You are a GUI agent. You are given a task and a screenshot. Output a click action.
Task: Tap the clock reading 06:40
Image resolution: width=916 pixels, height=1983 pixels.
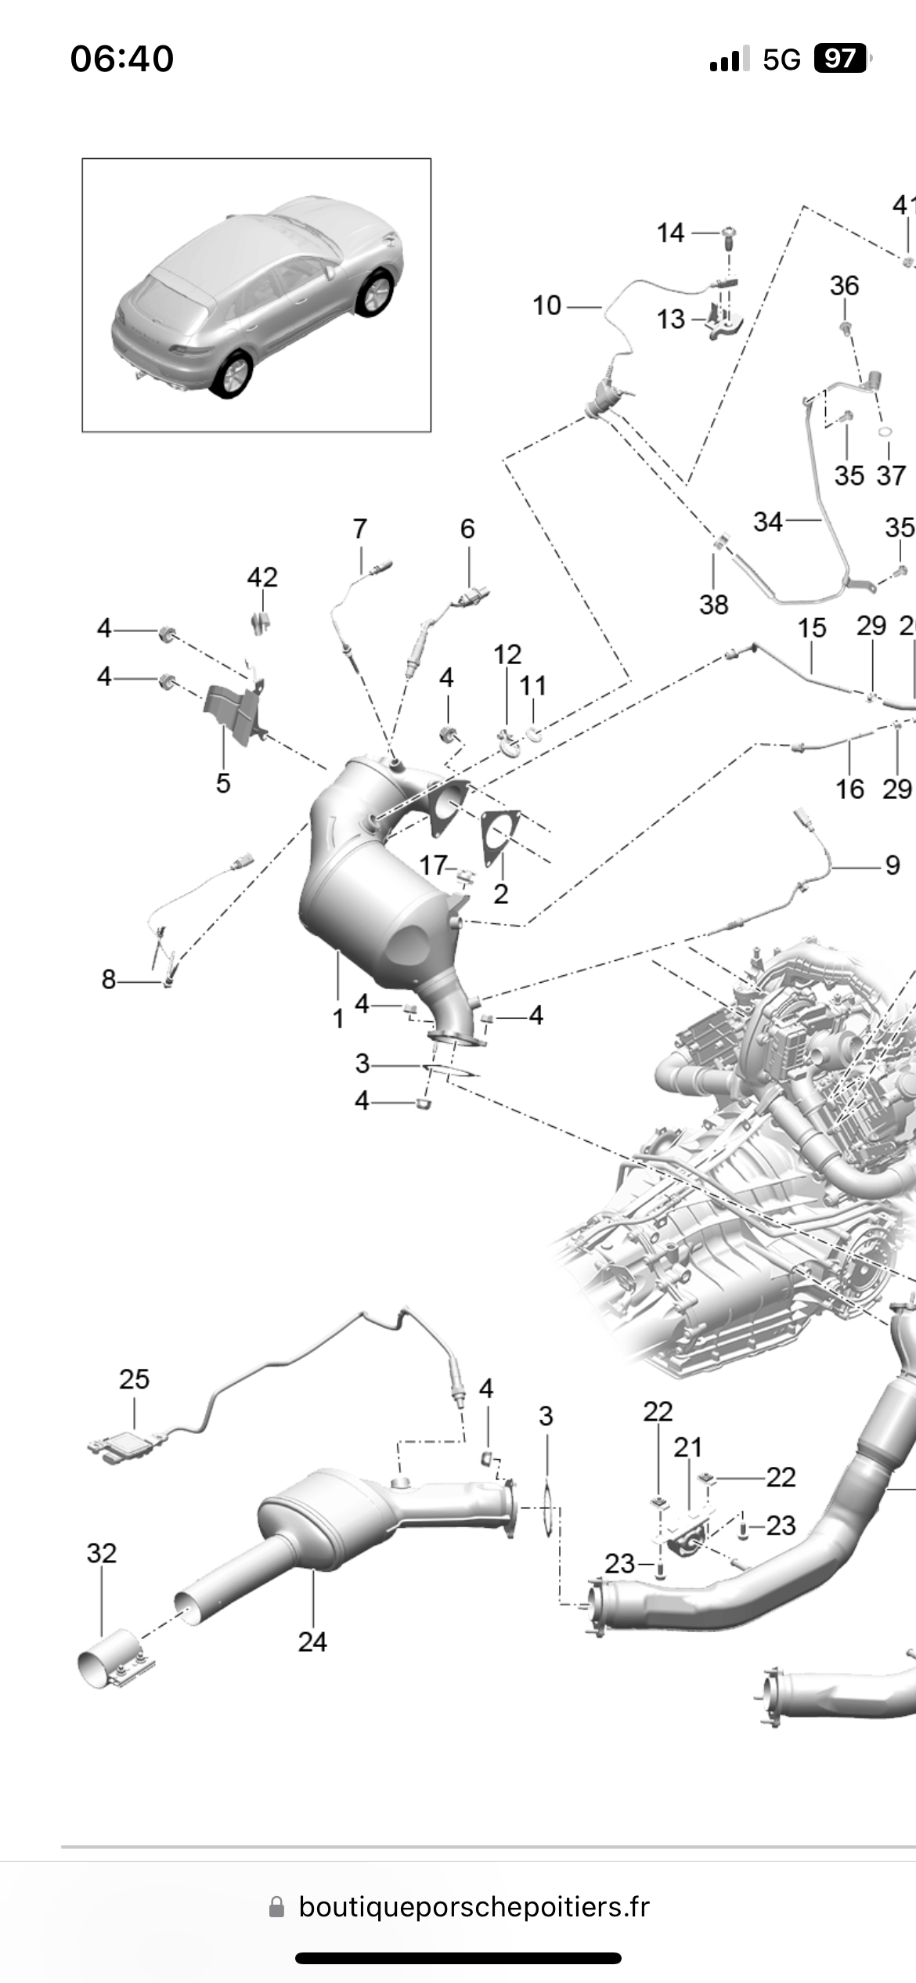pos(122,59)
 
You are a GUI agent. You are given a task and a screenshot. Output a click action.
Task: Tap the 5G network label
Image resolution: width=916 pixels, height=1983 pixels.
pos(781,60)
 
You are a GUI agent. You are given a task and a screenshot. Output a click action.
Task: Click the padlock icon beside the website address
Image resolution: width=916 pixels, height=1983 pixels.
pos(276,1907)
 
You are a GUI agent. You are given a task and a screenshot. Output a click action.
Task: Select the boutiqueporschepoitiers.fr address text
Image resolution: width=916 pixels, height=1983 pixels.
pos(474,1907)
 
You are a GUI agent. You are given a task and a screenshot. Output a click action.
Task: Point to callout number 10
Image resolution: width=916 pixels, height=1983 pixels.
pos(547,305)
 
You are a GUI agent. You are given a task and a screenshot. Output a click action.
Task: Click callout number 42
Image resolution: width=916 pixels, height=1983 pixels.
pos(262,577)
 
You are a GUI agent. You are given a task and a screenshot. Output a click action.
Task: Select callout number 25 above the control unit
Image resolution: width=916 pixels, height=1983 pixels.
pos(134,1379)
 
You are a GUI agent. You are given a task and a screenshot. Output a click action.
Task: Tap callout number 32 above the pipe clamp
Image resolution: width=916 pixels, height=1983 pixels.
pos(102,1553)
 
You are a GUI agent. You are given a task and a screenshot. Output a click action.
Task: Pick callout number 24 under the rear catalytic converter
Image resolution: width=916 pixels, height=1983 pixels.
pos(312,1642)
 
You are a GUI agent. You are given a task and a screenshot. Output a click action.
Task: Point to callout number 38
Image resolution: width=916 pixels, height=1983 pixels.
pos(713,605)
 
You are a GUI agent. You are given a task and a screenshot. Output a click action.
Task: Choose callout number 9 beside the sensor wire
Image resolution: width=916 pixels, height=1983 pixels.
pos(893,865)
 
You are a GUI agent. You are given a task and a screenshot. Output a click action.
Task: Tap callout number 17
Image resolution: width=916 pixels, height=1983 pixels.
pos(433,865)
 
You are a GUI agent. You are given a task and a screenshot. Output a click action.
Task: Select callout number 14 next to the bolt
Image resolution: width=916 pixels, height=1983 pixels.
pos(670,233)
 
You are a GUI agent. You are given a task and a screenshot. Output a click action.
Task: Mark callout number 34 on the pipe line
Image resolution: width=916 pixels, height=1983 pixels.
pos(768,522)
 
